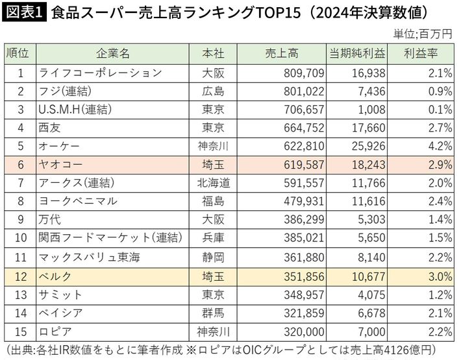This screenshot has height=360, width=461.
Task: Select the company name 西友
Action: pos(49,128)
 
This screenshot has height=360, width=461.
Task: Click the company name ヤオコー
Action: pos(62,165)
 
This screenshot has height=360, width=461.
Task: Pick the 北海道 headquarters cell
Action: pos(214,183)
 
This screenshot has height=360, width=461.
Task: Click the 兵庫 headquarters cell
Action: pos(214,237)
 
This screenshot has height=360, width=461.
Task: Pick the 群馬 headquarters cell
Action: pos(214,313)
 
